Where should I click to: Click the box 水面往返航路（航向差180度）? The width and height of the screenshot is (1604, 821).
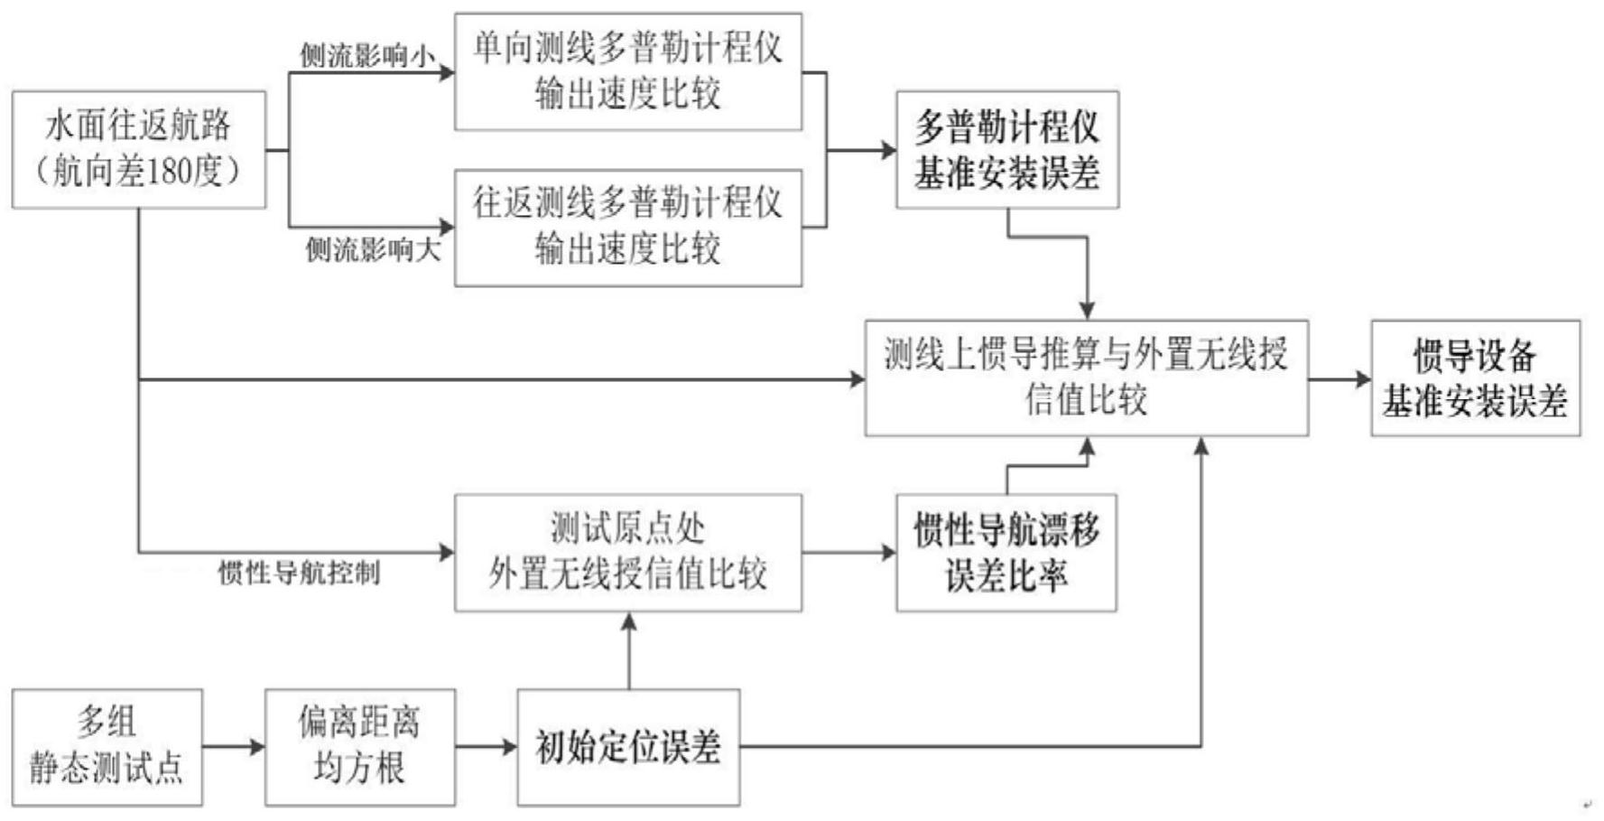[139, 149]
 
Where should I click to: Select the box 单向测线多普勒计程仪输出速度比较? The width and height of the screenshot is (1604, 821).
[627, 71]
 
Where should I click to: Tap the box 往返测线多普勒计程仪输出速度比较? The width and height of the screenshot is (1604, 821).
[627, 228]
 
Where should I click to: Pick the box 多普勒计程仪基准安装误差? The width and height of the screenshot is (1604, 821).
[1007, 149]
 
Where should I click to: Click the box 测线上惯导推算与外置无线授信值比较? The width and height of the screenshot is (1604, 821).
[1086, 378]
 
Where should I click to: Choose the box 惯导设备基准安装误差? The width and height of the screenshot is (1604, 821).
[1475, 378]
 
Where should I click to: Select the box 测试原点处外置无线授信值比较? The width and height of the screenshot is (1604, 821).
[627, 552]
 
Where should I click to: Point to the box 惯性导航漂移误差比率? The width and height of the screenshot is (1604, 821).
[1006, 552]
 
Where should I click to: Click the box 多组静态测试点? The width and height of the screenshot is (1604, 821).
[107, 747]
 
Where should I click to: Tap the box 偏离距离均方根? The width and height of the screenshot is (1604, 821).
[359, 747]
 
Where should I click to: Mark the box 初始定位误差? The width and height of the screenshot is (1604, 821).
[628, 747]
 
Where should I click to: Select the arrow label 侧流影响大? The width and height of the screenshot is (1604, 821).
[373, 250]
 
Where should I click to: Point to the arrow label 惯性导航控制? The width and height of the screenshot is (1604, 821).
[299, 573]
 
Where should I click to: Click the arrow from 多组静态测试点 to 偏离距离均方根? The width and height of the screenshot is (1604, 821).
[233, 747]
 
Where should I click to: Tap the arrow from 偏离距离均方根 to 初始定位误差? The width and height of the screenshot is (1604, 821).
[486, 747]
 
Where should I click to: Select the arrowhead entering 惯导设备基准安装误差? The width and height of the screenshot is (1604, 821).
[1362, 378]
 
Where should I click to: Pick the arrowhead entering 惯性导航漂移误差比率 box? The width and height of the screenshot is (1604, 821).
[887, 552]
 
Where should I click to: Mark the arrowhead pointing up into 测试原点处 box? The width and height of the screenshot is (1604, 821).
[629, 622]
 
